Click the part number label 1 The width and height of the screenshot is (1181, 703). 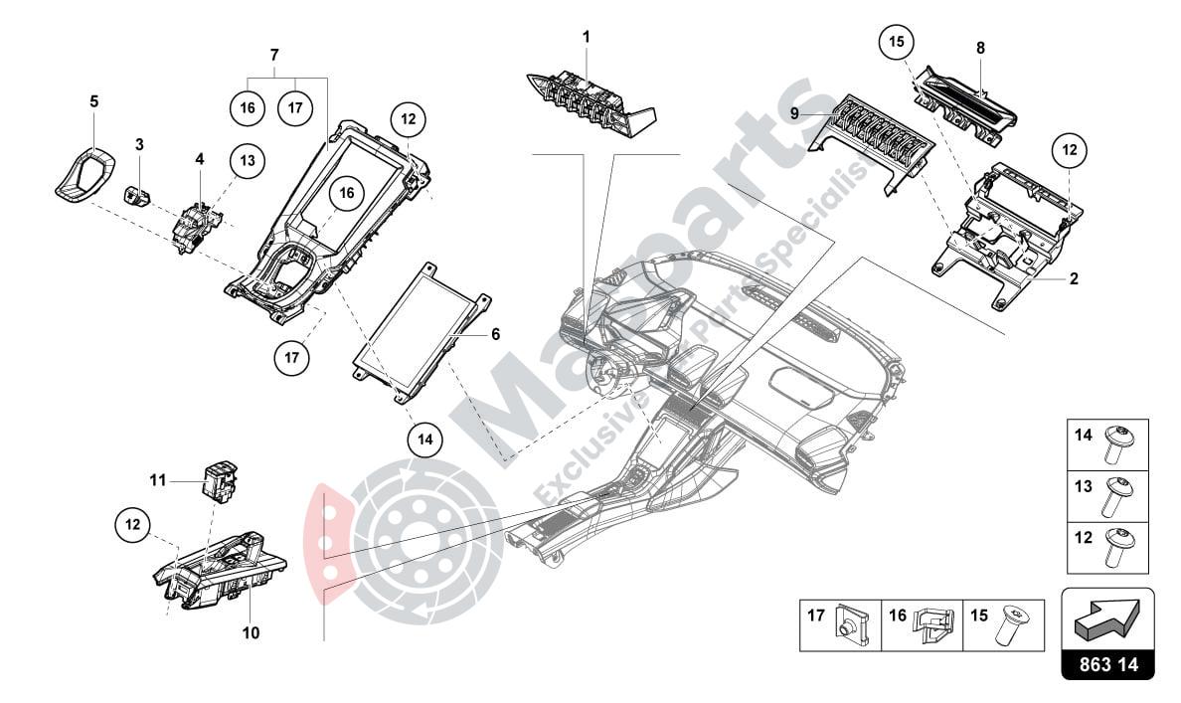(586, 37)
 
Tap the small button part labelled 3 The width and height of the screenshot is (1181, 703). (138, 193)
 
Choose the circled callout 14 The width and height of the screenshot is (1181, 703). (424, 439)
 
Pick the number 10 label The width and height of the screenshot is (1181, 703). (251, 632)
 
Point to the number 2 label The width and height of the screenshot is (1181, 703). (1074, 279)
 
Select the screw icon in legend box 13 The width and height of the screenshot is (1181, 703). (1112, 501)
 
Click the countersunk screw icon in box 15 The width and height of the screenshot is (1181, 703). (1012, 621)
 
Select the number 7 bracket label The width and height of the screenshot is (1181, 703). (275, 53)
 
